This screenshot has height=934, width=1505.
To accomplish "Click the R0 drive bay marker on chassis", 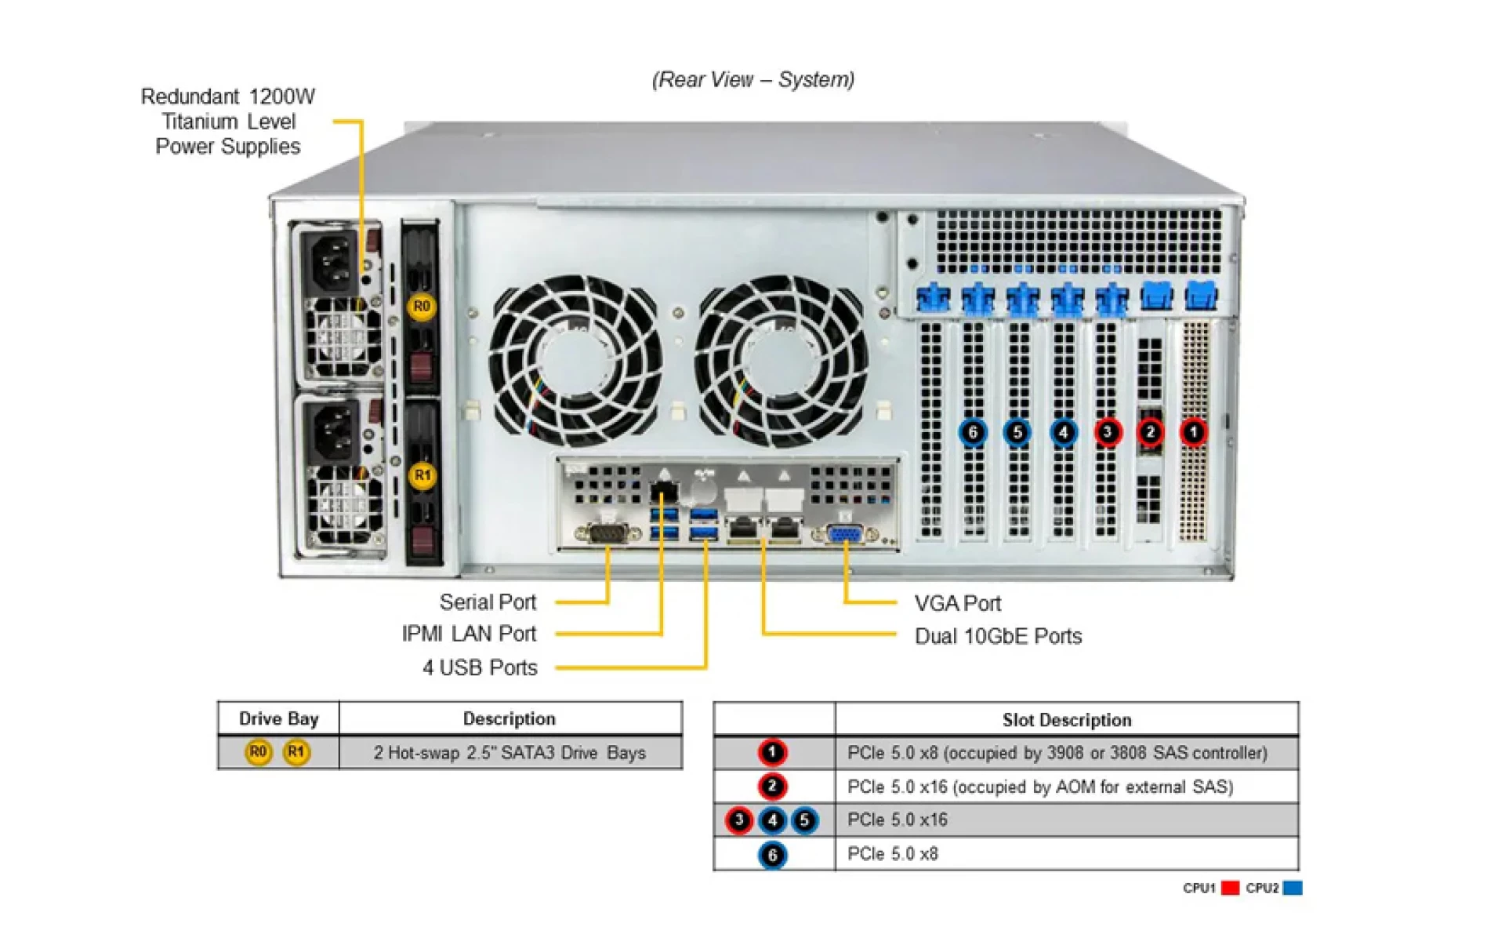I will [421, 306].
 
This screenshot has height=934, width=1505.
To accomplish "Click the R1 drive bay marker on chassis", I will [422, 474].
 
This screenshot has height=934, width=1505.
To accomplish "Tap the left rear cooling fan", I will [575, 360].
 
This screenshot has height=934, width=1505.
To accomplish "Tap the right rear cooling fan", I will [782, 360].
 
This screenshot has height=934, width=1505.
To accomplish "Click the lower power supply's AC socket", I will [332, 434].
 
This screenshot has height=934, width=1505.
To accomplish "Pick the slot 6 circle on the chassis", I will [972, 432].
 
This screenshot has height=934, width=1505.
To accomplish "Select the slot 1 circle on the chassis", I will [1193, 432].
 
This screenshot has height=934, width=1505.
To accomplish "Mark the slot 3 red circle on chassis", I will [1107, 432].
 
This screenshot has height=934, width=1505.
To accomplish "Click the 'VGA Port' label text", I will [957, 603].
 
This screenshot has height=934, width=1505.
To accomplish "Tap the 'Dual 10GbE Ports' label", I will [997, 636].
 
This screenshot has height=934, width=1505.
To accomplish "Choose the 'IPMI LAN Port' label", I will [469, 634].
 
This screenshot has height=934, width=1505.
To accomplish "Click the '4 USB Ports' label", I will [480, 667].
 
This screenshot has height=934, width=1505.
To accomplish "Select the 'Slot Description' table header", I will [1066, 719].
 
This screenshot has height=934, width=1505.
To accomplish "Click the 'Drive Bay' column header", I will [278, 718].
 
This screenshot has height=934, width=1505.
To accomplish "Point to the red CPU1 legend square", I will [1230, 888].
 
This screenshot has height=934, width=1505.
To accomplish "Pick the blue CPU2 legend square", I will [1293, 888].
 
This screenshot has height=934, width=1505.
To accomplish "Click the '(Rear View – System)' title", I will [752, 79].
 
